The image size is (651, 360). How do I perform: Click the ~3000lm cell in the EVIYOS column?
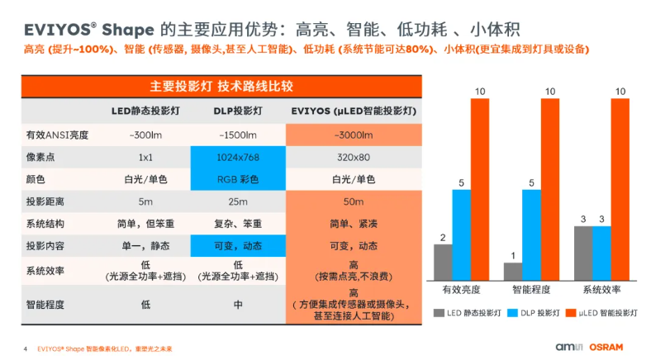point(353,135)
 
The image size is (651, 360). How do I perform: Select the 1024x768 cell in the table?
point(237,157)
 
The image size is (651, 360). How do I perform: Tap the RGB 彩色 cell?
point(237,179)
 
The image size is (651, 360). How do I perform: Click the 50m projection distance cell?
point(353,201)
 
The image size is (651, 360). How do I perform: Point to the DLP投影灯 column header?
point(237,111)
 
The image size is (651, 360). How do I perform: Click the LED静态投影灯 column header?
point(145,111)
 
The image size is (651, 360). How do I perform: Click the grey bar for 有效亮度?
point(443,262)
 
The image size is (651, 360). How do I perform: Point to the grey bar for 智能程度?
point(513,271)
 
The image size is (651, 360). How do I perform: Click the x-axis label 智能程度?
point(531,290)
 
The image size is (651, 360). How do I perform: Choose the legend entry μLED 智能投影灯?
point(607,313)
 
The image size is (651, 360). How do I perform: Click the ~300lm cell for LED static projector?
point(145,135)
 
